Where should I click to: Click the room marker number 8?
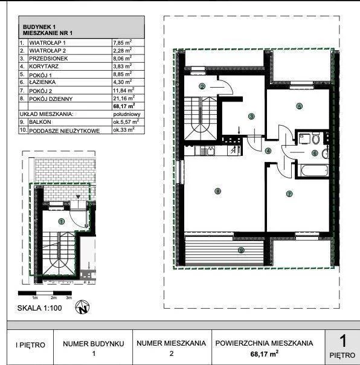pos(217,192)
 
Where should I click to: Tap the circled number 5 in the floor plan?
pos(299,106)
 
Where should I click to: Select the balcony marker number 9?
pos(241,250)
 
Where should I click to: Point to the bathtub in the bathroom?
pos(313,170)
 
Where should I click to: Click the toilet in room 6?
pos(315,139)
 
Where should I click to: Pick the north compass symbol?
pos(82,307)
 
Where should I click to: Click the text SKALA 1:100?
pos(39,308)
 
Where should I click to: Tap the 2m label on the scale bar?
pos(54,298)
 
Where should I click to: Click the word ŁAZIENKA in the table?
pos(42,82)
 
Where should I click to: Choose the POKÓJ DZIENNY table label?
pos(51,99)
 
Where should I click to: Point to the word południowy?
pos(127,114)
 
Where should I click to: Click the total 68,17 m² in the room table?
pos(124,106)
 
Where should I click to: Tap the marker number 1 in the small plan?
pos(62,221)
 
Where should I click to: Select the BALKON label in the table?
pos(40,122)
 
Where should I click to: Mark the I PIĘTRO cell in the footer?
pos(30,344)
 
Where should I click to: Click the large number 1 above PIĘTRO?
pos(342,341)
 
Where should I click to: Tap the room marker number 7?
pos(289,194)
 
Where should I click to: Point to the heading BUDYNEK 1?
pos(39,27)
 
